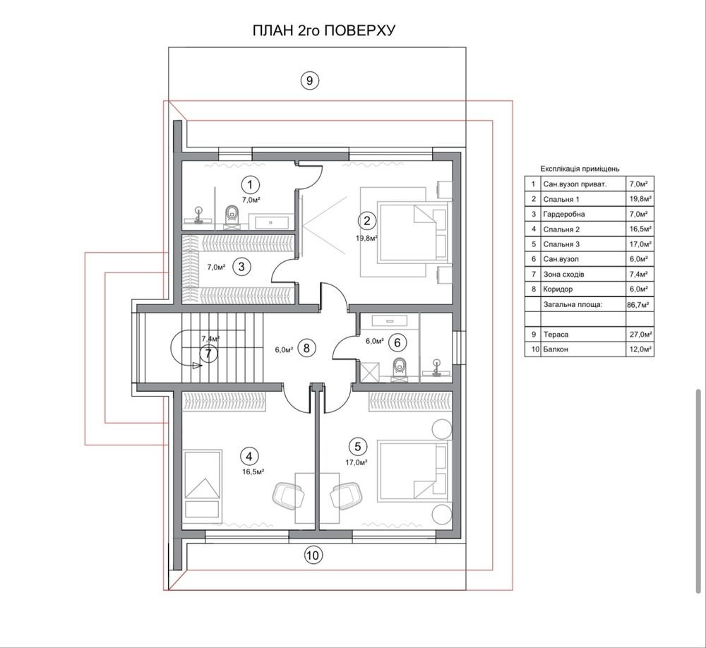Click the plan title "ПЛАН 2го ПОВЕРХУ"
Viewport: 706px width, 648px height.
click(x=324, y=30)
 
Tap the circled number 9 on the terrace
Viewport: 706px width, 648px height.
click(x=309, y=80)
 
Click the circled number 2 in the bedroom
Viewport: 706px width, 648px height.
click(x=367, y=221)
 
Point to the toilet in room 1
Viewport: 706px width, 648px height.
click(x=232, y=215)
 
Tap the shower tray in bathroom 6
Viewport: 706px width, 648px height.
click(x=370, y=372)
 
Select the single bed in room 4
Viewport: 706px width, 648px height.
click(x=203, y=484)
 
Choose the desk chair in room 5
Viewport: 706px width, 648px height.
click(x=346, y=496)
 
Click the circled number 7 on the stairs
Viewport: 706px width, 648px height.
click(x=208, y=353)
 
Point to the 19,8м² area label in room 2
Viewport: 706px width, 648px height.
click(x=366, y=238)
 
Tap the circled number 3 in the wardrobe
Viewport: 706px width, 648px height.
click(x=241, y=267)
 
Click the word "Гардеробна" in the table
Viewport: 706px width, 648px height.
click(x=563, y=215)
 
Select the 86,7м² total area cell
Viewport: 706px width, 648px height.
click(x=638, y=305)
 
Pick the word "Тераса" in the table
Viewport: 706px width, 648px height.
click(x=556, y=335)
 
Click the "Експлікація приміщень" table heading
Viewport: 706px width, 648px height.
click(x=580, y=169)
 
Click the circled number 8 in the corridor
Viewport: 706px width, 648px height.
click(x=306, y=348)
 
